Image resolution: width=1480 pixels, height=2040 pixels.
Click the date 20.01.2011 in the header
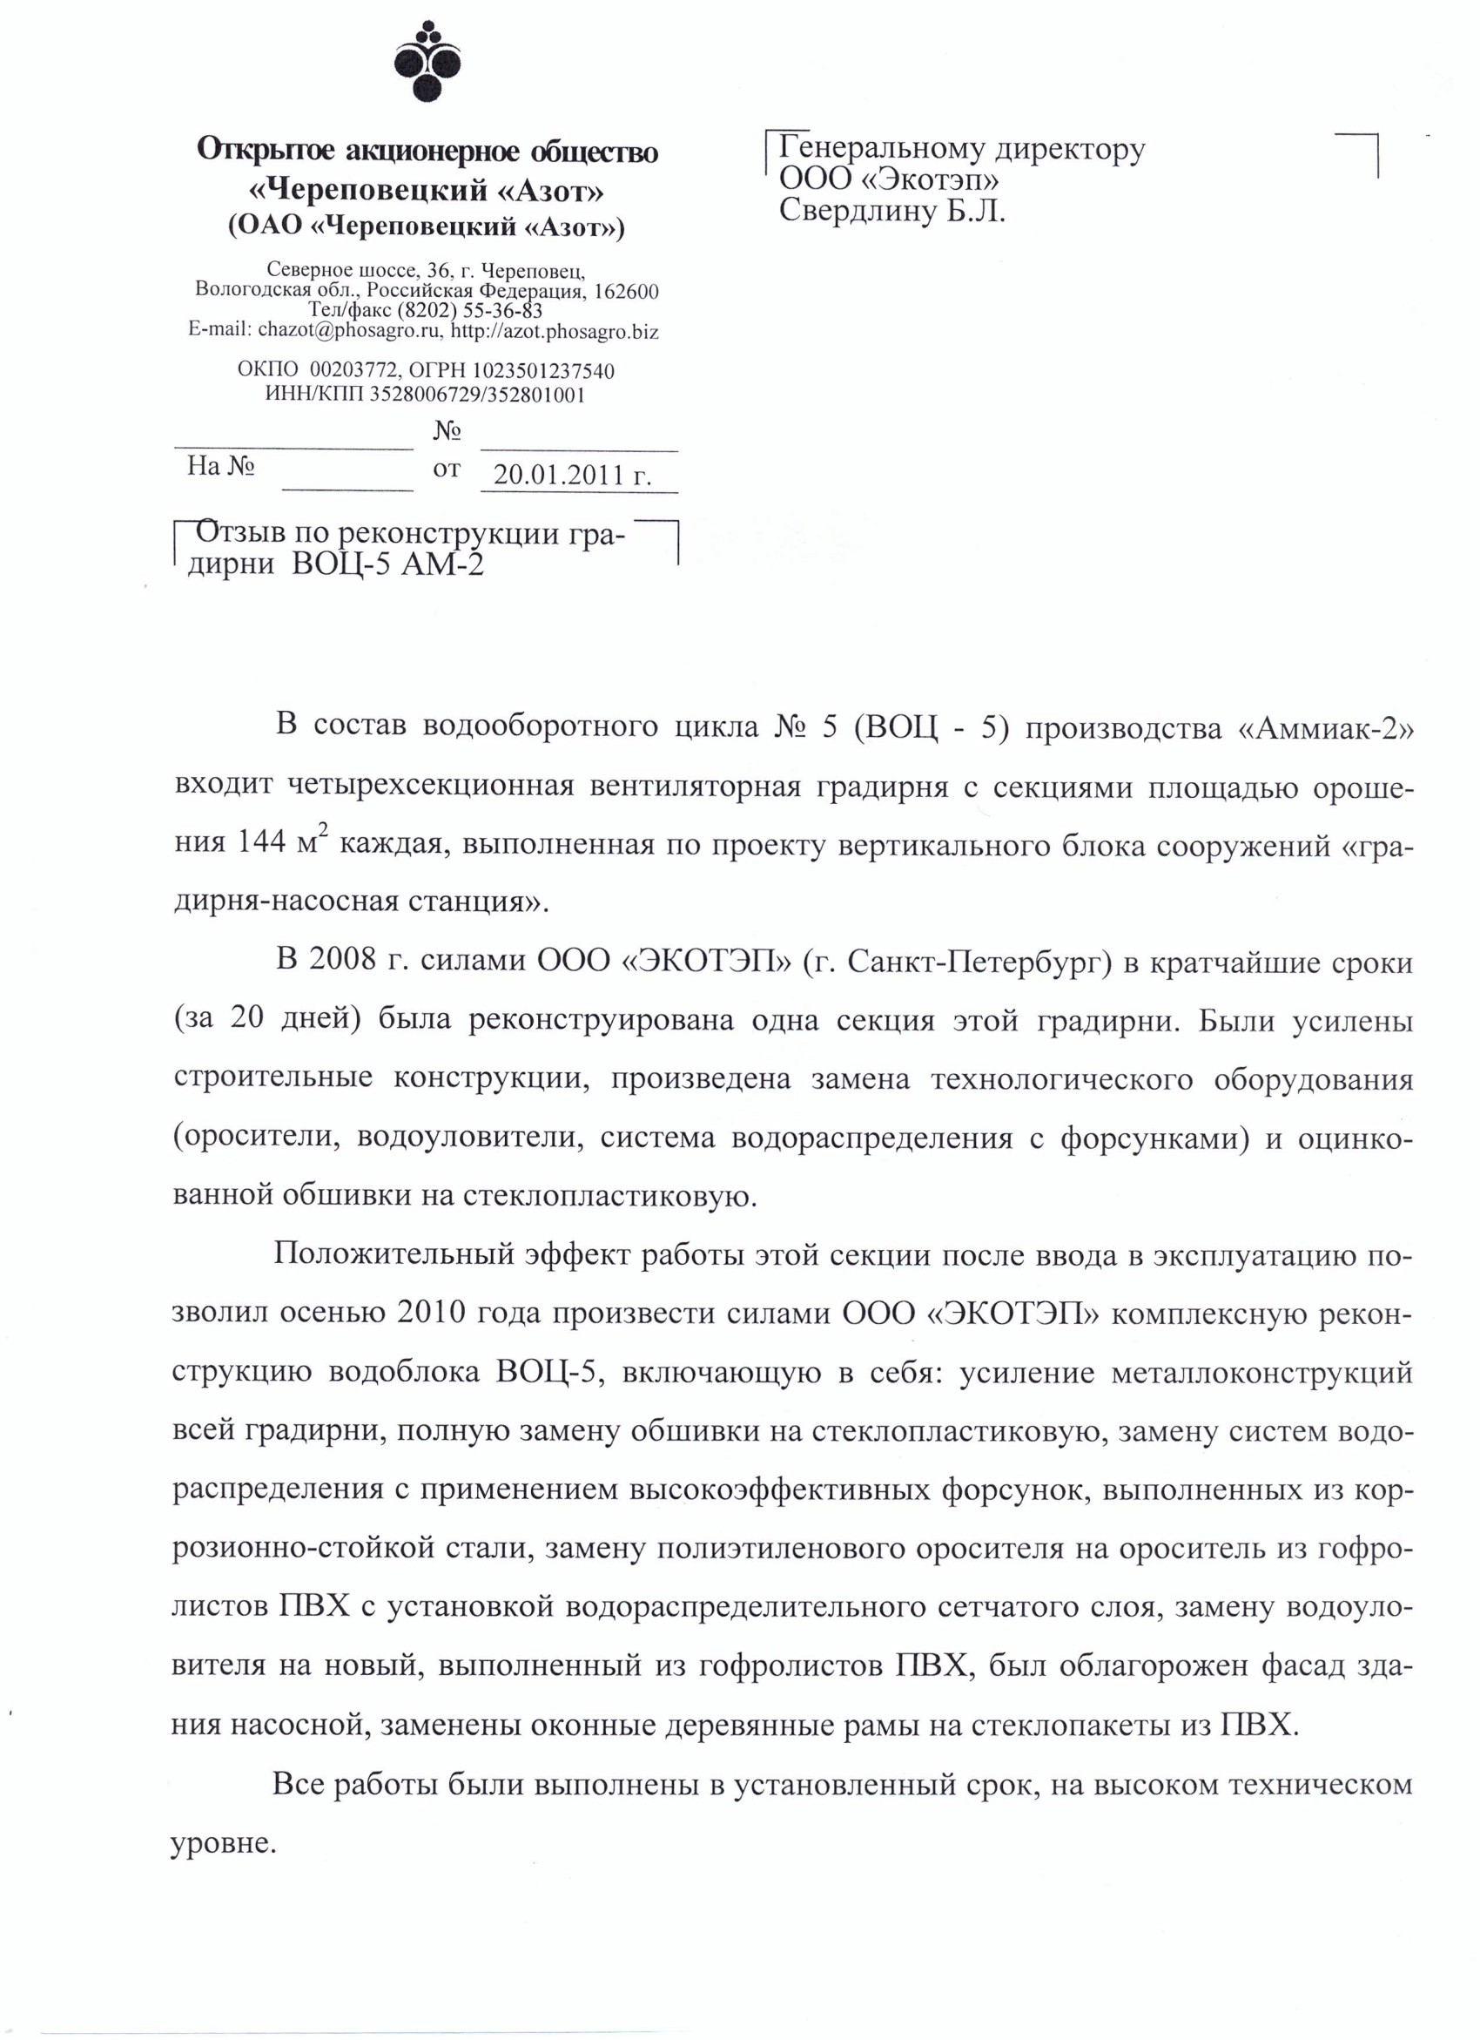(558, 475)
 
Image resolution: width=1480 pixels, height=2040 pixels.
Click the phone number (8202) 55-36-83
(469, 311)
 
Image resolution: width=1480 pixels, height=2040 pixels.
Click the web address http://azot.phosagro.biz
(554, 331)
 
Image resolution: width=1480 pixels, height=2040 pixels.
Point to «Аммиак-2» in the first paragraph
(1325, 726)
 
